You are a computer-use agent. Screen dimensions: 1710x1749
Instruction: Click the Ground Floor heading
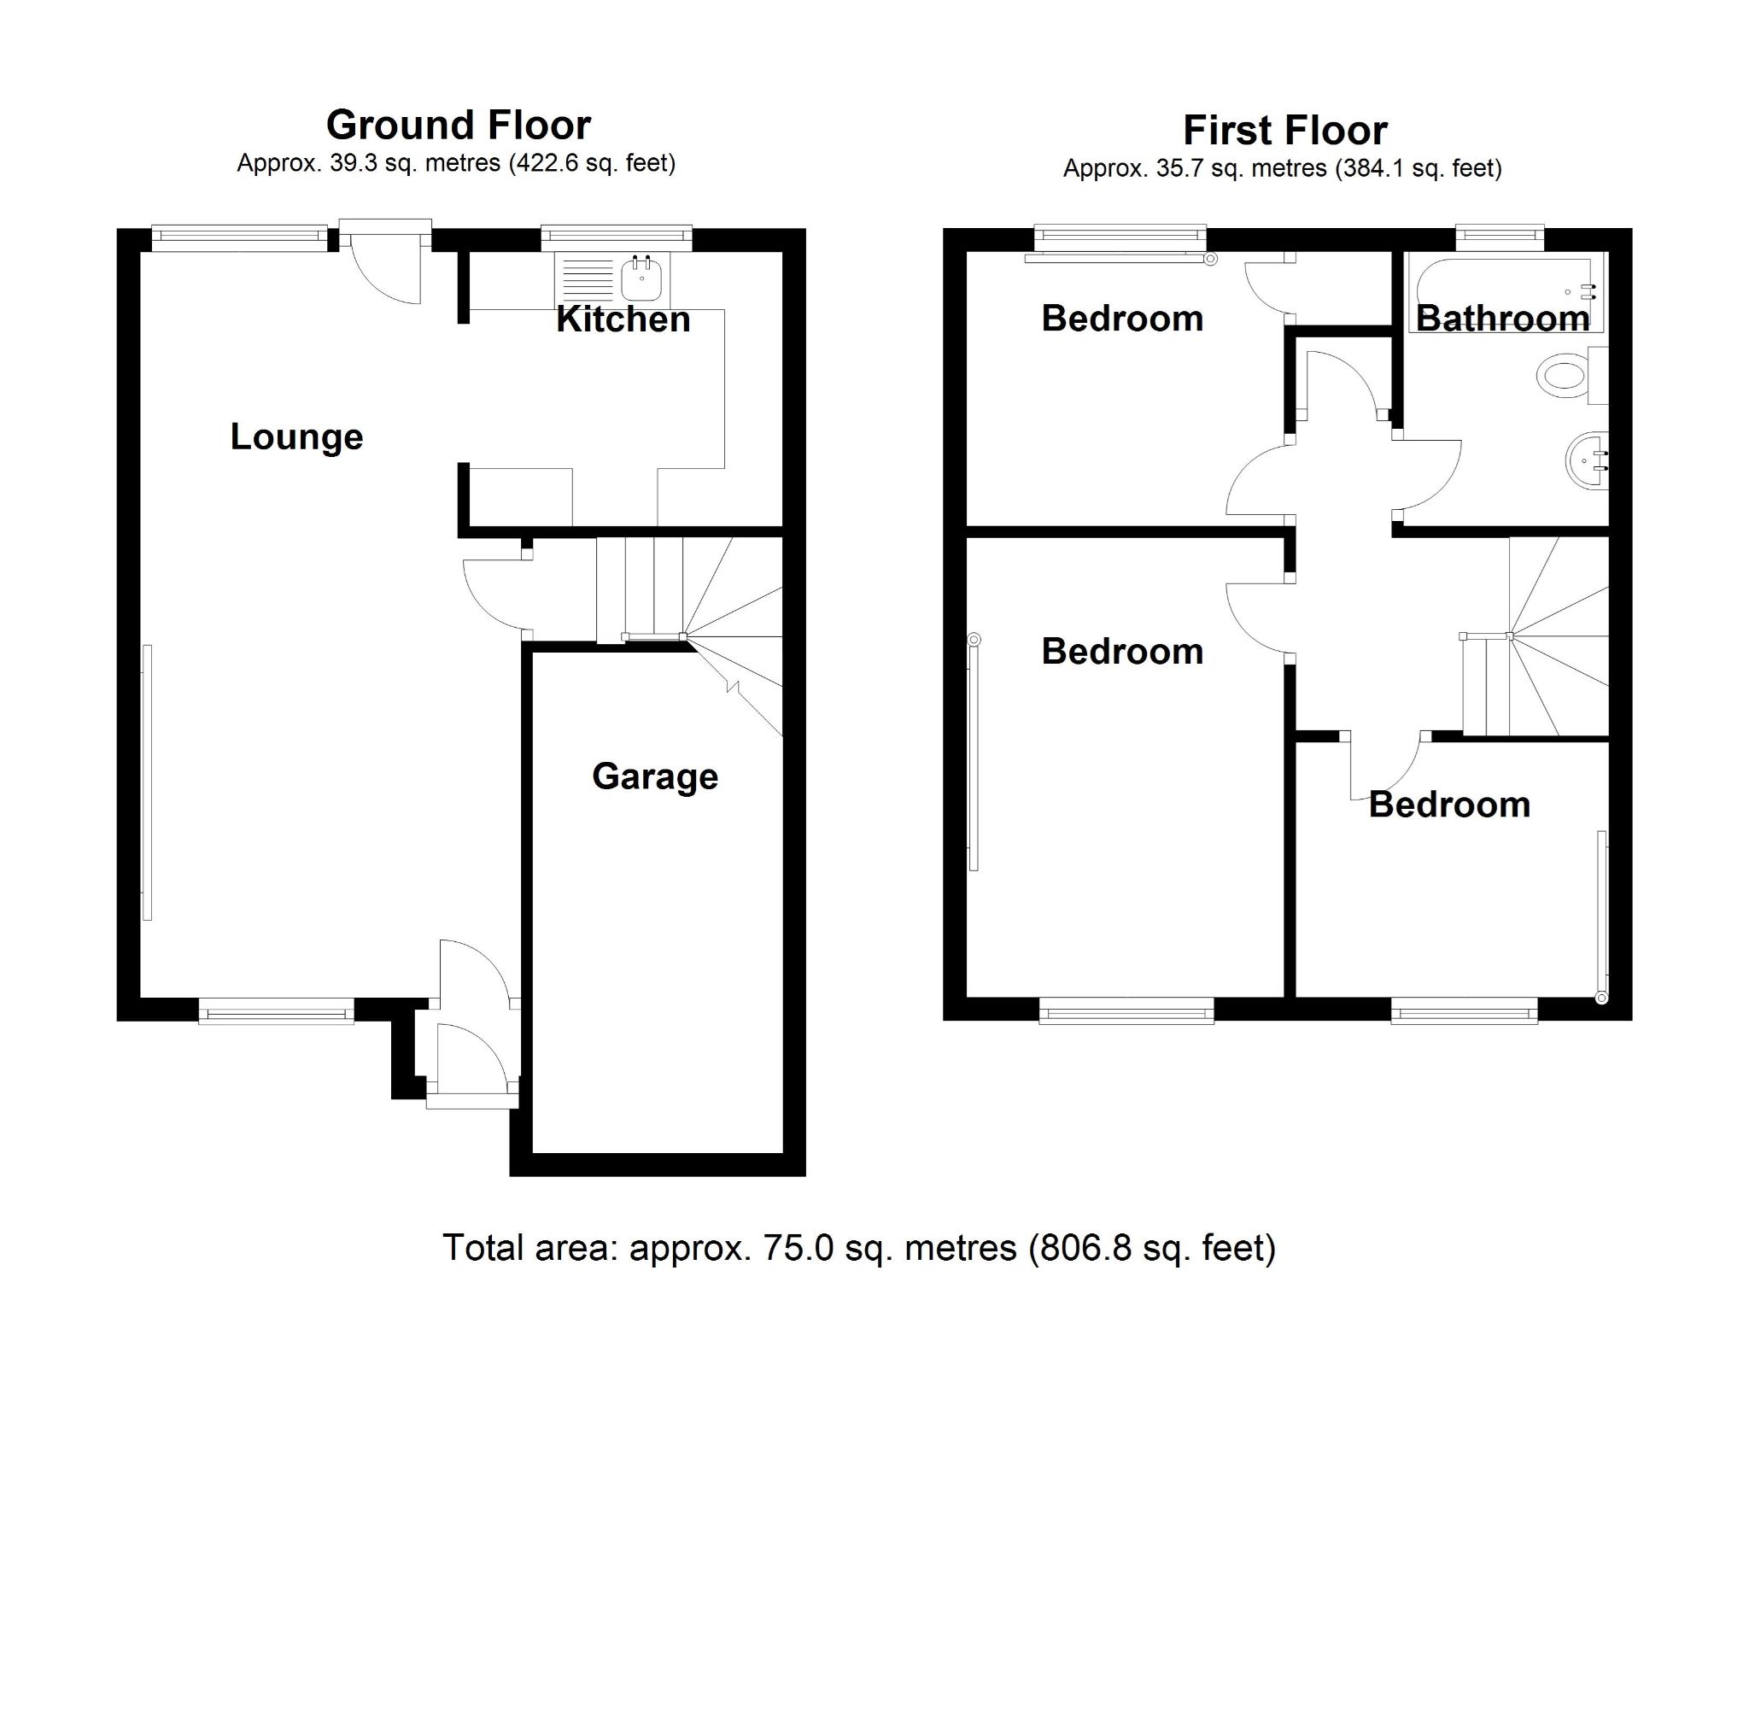pyautogui.click(x=458, y=125)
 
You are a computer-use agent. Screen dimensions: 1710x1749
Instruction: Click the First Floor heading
pyautogui.click(x=1284, y=130)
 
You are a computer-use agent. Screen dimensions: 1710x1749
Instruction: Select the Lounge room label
pyautogui.click(x=296, y=437)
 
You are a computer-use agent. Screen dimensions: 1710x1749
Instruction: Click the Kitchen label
pyautogui.click(x=623, y=319)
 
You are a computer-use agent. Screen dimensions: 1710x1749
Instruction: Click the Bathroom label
pyautogui.click(x=1502, y=319)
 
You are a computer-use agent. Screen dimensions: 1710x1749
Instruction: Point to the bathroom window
pyautogui.click(x=1500, y=238)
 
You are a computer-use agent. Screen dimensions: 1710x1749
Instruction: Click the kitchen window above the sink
pyautogui.click(x=616, y=238)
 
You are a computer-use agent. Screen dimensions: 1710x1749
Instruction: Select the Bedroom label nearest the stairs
pyautogui.click(x=1448, y=805)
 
